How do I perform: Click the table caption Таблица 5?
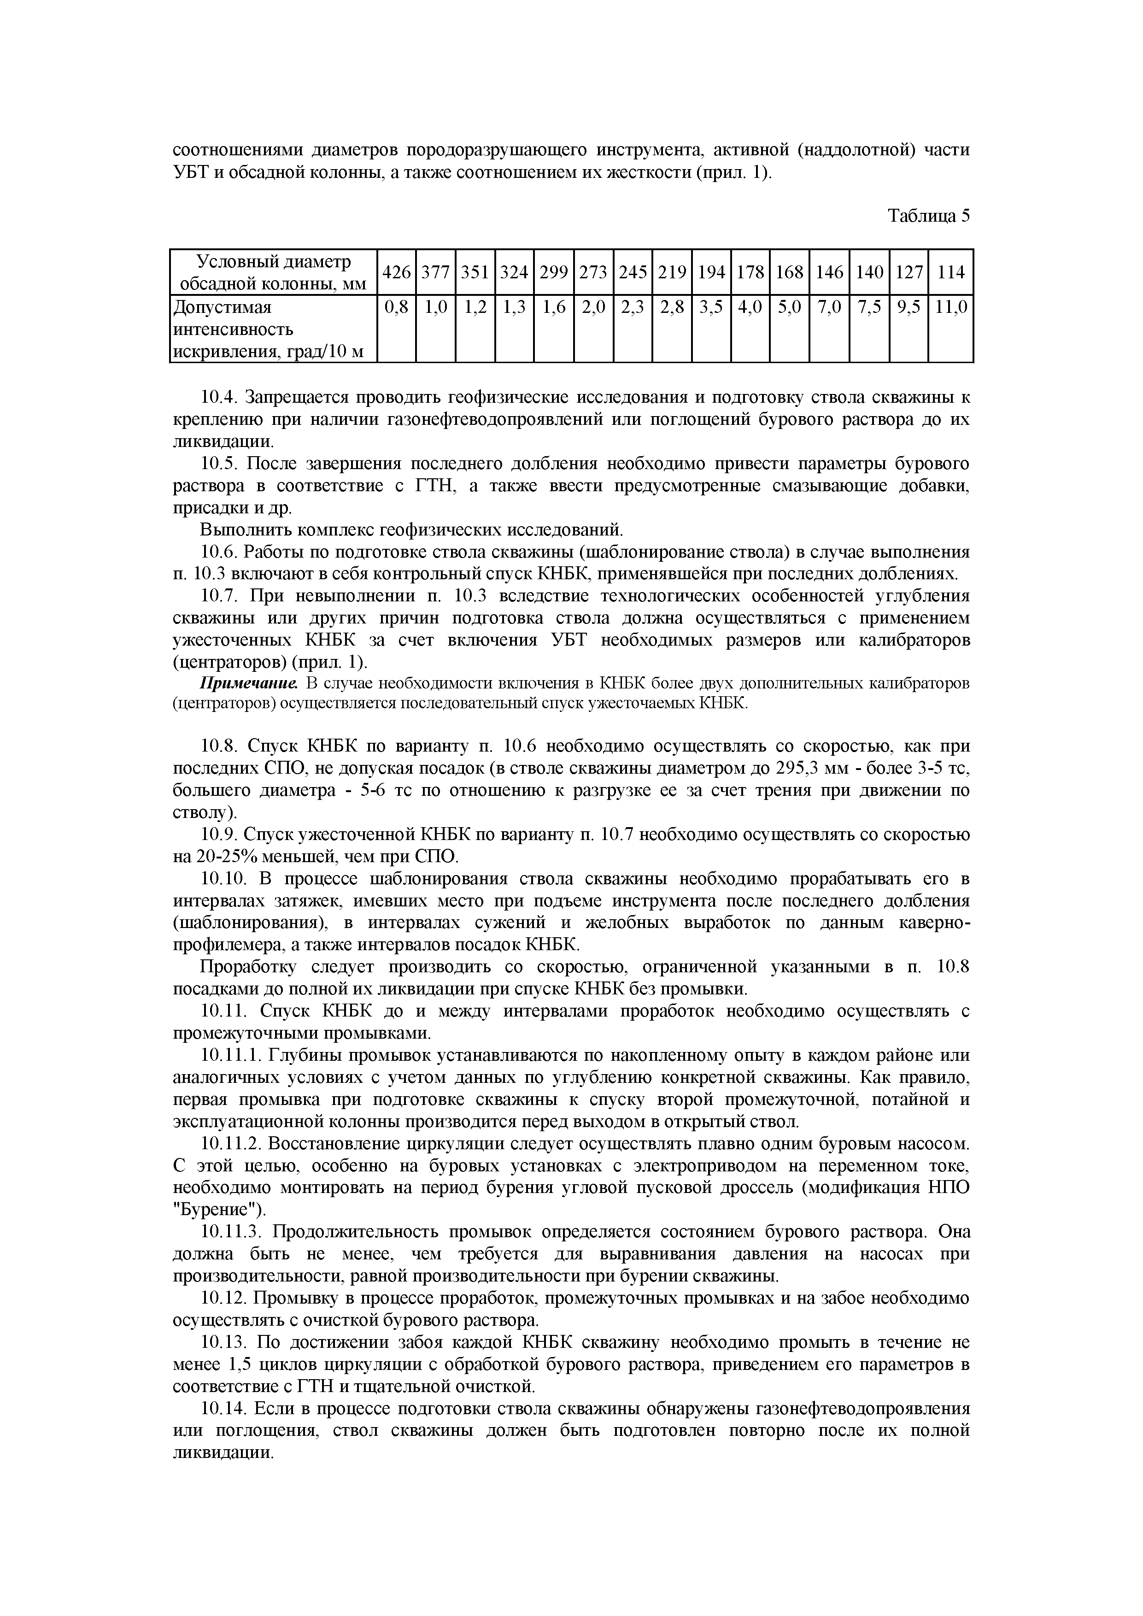(928, 216)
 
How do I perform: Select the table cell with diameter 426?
(396, 272)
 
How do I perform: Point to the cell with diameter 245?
(633, 272)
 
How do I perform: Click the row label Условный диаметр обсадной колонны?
(273, 272)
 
